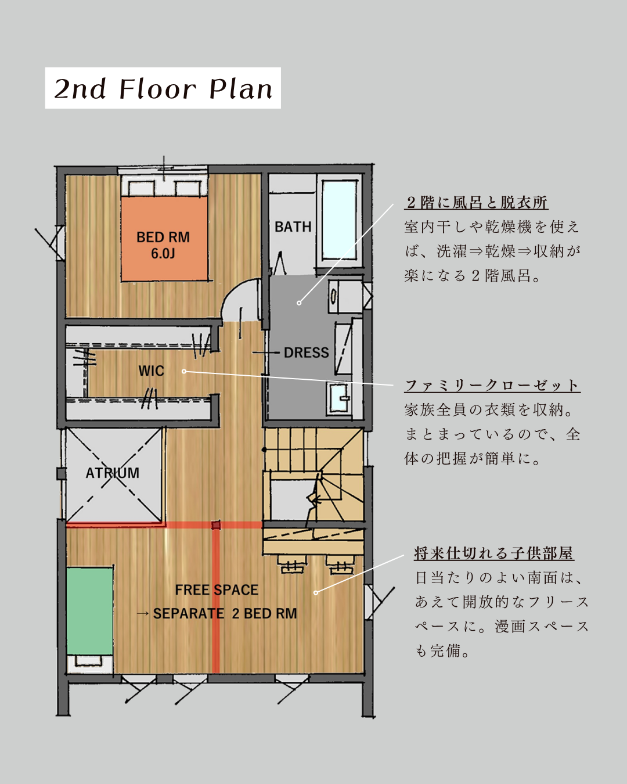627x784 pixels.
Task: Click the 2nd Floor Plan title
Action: (x=163, y=88)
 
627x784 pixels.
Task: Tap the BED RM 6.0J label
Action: (x=163, y=245)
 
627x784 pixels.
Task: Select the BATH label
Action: (x=293, y=226)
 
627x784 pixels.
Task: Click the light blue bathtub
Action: (x=339, y=220)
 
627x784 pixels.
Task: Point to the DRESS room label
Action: (x=307, y=353)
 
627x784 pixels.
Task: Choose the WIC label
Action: (x=151, y=371)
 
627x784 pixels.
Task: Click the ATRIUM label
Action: (x=112, y=473)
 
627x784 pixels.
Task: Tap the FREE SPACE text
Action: (x=217, y=590)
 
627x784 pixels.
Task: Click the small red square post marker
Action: (x=216, y=525)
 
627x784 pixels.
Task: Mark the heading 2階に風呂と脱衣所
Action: (x=477, y=203)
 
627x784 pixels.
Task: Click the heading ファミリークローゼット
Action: (x=492, y=386)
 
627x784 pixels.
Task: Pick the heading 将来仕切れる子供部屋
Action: (x=494, y=553)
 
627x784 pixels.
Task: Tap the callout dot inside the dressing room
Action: (x=299, y=303)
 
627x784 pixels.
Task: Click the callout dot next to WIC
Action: (x=184, y=371)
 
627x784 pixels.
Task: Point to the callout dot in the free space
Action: (x=316, y=593)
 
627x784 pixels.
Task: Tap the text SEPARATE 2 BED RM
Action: (x=225, y=613)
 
